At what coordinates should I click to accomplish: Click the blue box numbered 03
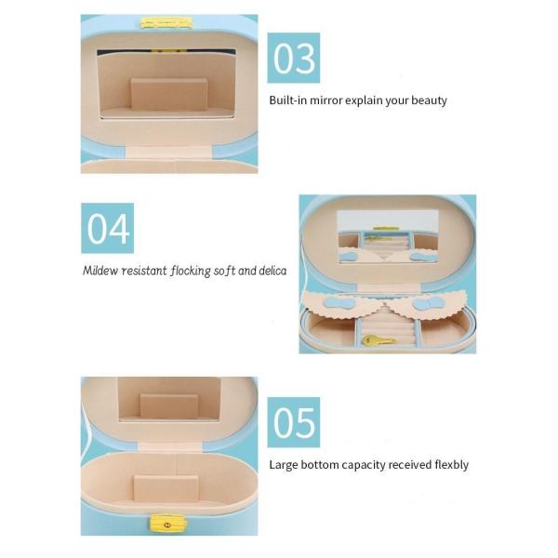click(x=294, y=58)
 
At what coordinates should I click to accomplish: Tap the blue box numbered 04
click(x=107, y=228)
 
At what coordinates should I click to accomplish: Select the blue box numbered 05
click(x=294, y=422)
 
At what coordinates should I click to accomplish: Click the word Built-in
click(x=290, y=100)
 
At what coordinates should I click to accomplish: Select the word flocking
click(x=192, y=272)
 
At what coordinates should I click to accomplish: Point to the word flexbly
click(x=449, y=464)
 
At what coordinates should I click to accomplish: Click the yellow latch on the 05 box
click(x=166, y=524)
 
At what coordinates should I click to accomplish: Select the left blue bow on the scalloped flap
click(x=332, y=302)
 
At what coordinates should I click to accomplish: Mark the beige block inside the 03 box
click(x=169, y=95)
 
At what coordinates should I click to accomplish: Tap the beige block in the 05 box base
click(x=166, y=490)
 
